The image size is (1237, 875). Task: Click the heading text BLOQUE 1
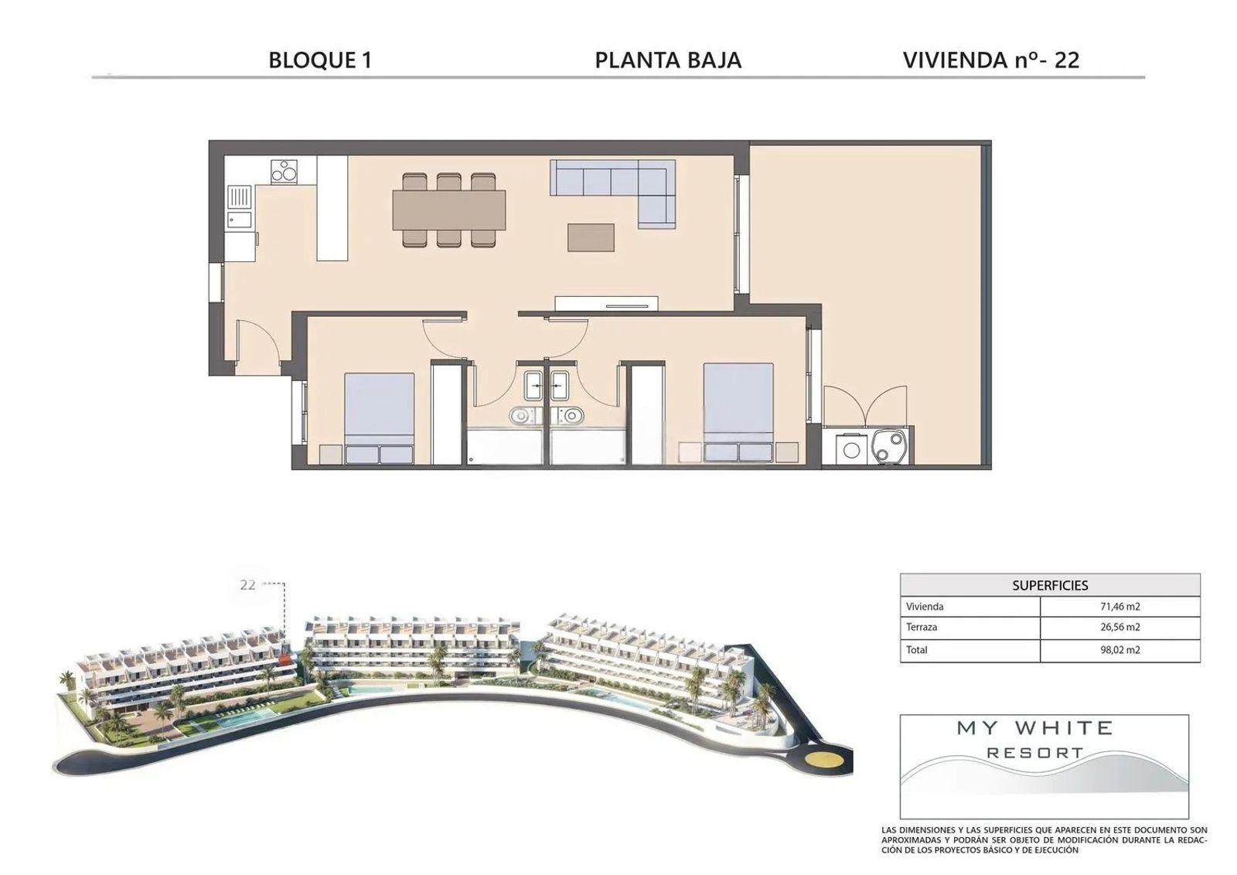click(320, 60)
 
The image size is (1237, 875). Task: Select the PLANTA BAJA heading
click(668, 60)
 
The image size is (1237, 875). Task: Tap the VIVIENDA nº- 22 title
click(991, 60)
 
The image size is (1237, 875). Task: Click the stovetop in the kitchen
click(285, 172)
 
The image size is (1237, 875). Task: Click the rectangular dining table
click(449, 209)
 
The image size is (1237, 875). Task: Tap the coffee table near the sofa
click(591, 237)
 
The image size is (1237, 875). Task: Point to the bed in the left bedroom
click(379, 418)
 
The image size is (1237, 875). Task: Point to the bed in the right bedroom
click(738, 412)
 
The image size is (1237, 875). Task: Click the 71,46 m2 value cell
click(1120, 607)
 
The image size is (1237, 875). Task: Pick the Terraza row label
click(922, 627)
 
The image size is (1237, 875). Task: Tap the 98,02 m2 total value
click(1120, 650)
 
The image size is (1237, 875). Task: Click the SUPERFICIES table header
click(1050, 585)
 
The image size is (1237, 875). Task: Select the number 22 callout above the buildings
click(248, 584)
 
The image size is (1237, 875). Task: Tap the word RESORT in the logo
click(1035, 752)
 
